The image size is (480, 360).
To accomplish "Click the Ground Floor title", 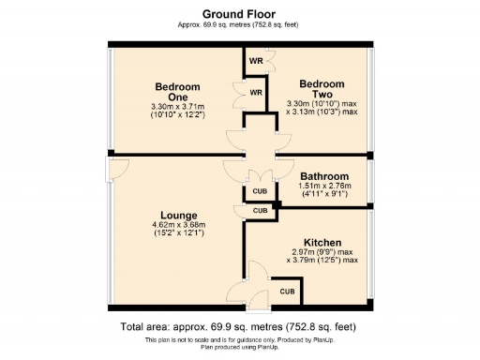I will tap(239, 13).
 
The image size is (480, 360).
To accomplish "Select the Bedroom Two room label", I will tap(322, 89).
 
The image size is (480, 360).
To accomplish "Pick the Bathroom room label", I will tap(323, 176).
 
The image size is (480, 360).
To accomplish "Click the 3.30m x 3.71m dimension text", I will tap(177, 108).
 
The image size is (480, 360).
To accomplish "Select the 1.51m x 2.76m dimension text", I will tap(323, 187).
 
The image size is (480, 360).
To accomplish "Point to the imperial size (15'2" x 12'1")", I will tap(177, 233).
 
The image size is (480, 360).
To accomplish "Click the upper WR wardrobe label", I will tap(255, 62).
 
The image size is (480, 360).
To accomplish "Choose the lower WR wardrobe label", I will tap(255, 92).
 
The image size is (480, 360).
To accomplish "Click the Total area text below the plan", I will tap(239, 327).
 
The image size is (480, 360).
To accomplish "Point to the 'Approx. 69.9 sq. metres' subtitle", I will tap(239, 25).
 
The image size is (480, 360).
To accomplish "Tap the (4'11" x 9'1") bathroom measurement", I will tap(323, 195).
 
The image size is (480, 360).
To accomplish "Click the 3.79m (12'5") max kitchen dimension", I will tap(322, 260).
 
